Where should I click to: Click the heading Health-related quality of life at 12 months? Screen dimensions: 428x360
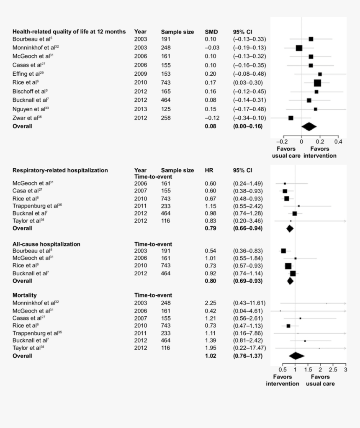(x=69, y=31)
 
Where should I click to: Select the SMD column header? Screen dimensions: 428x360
(x=211, y=31)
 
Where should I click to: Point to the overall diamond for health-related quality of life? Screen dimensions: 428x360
(x=309, y=126)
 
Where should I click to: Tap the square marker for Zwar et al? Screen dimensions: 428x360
(x=291, y=118)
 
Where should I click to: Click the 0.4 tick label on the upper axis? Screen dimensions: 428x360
(x=338, y=141)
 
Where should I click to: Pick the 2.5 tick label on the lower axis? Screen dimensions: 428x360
(x=333, y=370)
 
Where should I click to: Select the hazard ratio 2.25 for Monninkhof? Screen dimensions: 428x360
(x=210, y=303)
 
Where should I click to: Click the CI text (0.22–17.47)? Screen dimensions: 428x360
(x=249, y=348)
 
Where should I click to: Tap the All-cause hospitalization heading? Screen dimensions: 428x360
(x=46, y=244)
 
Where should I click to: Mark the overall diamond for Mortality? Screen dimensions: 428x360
(x=296, y=356)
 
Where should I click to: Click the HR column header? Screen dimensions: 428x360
(x=209, y=170)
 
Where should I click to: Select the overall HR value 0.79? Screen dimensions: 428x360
(x=210, y=228)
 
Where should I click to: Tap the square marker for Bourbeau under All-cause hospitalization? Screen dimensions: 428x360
(x=283, y=251)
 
